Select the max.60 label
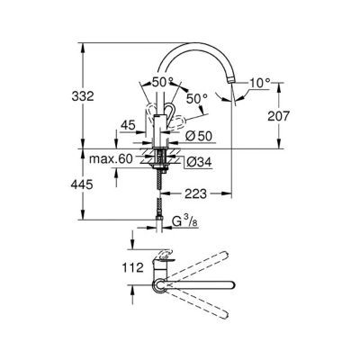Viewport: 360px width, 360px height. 113,159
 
